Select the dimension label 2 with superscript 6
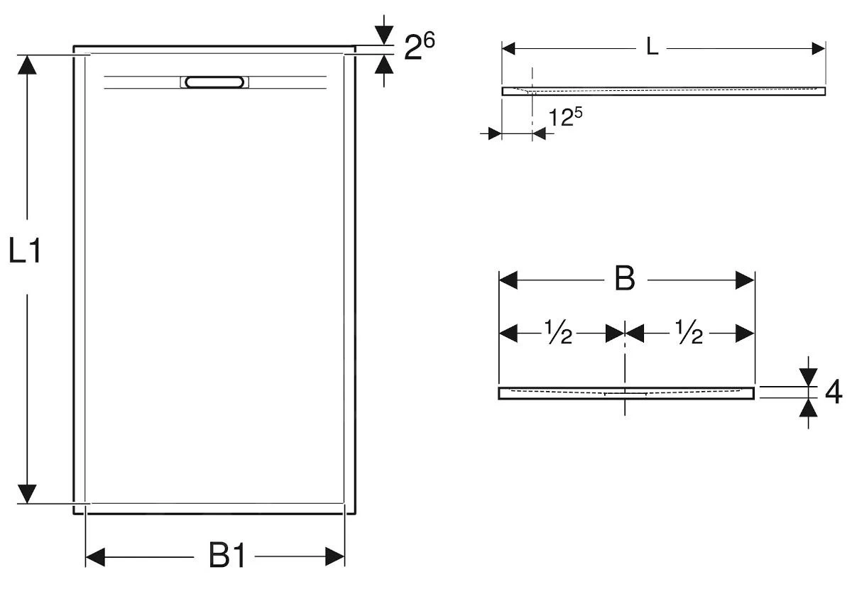coord(419,46)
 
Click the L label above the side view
coord(652,47)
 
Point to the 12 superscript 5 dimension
coord(566,116)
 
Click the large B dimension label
coord(626,279)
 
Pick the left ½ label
coord(558,331)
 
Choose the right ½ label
coord(689,331)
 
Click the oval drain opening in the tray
coord(214,82)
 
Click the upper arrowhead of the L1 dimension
coord(27,65)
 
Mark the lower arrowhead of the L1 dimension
coord(27,494)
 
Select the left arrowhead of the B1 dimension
coord(95,557)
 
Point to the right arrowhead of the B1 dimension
coord(334,556)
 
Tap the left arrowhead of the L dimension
coord(508,49)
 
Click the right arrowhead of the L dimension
coord(819,49)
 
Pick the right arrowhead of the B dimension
coord(745,280)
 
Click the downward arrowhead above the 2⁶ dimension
coord(384,35)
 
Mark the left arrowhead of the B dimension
coord(508,280)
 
